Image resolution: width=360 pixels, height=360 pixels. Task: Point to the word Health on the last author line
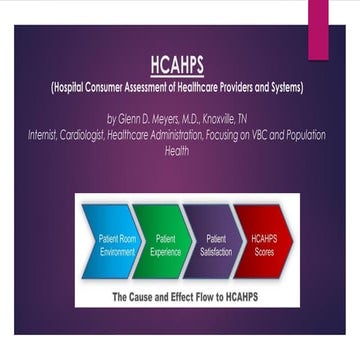pyautogui.click(x=180, y=151)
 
